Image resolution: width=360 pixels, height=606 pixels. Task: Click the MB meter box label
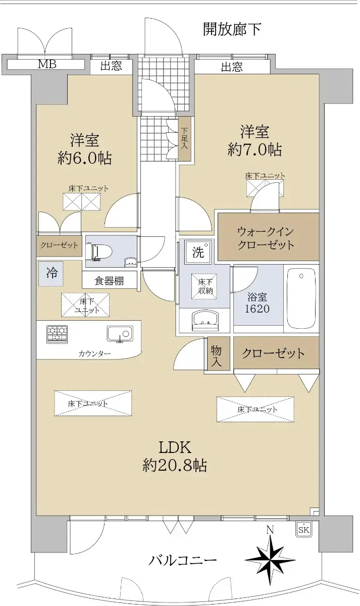coord(47,64)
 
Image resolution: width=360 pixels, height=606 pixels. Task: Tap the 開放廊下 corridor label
coord(232,29)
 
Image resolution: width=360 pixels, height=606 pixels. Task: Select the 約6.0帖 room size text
coord(85,159)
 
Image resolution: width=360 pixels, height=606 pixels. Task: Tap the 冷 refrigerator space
coord(52,273)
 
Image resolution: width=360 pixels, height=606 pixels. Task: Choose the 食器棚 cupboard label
coord(109,280)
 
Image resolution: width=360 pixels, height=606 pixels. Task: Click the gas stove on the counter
coord(57,334)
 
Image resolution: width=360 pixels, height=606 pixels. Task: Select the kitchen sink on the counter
coord(120,333)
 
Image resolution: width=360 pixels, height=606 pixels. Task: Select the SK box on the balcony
coord(303,529)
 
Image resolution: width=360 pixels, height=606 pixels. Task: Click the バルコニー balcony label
coord(183,560)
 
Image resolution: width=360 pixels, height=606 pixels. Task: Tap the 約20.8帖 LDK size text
coord(175,465)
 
